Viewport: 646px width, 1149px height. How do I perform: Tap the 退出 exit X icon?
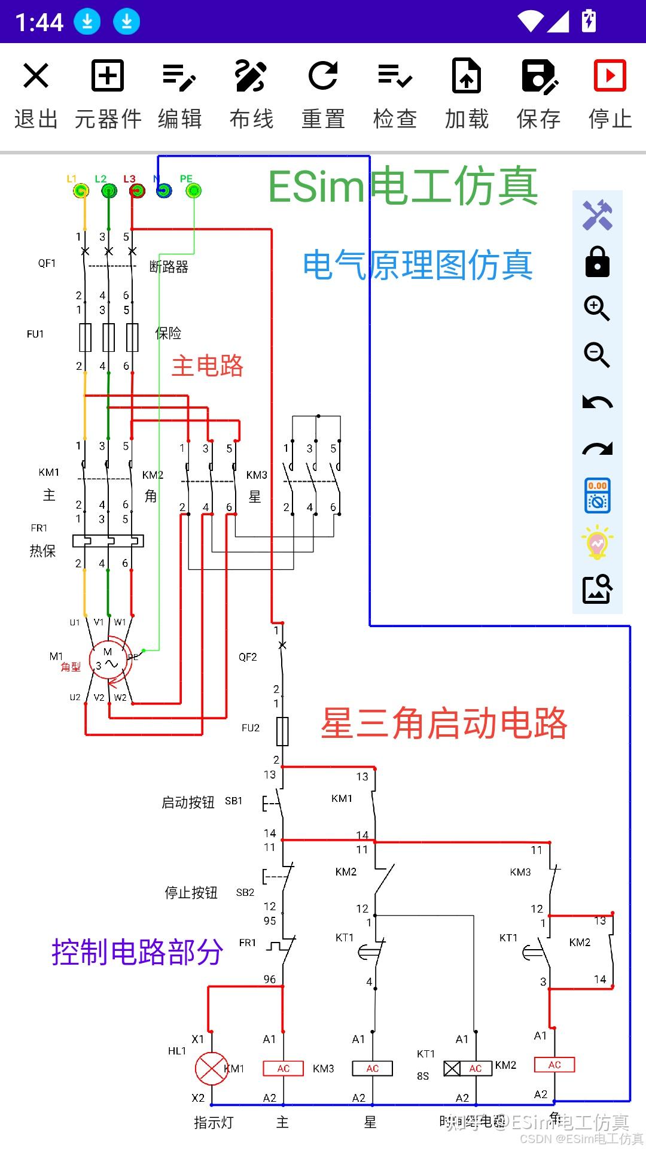coord(36,76)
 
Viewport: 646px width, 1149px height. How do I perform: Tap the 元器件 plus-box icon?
coord(108,76)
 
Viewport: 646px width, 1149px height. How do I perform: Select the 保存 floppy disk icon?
coord(538,76)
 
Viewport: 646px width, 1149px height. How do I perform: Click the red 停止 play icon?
coord(610,76)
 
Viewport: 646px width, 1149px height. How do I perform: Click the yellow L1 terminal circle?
coord(81,191)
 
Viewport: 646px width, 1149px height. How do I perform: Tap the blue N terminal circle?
coord(163,191)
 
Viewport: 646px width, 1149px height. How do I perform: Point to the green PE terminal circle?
coord(193,191)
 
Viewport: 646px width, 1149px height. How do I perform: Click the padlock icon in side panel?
coord(597,262)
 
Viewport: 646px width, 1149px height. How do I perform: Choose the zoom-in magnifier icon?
coord(597,308)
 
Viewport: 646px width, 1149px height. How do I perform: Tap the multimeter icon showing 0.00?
coord(597,496)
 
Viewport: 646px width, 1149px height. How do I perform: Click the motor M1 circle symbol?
coord(108,662)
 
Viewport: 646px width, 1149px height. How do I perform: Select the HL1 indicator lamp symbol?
coord(211,1068)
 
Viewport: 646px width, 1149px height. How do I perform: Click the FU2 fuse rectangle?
coord(282,731)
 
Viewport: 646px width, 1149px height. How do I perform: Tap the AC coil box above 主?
coord(284,1068)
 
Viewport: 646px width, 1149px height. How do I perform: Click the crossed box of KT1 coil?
coord(452,1068)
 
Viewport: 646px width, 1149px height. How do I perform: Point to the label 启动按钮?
coord(188,803)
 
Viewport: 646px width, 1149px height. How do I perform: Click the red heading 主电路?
coord(207,366)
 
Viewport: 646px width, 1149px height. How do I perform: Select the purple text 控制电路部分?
coord(137,952)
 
